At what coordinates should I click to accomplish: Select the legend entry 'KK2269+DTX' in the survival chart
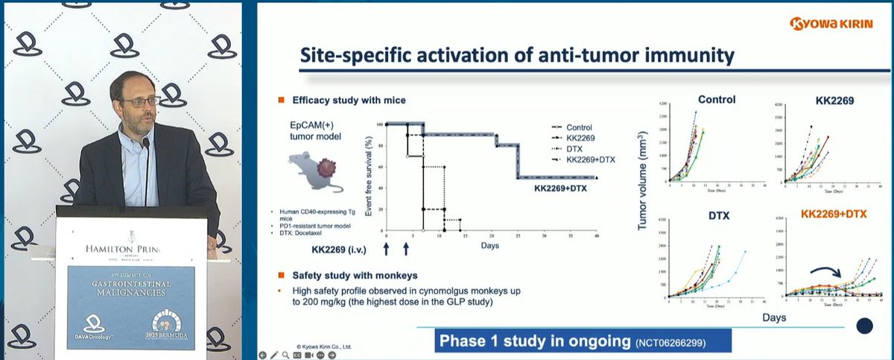coord(586,160)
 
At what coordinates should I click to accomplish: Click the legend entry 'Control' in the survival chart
coord(579,127)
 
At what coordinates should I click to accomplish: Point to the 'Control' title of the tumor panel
coord(717,99)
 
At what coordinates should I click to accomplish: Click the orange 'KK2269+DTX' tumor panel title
coord(834,214)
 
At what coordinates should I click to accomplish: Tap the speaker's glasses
coord(140,101)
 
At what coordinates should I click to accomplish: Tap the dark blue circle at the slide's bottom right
coord(865,326)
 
